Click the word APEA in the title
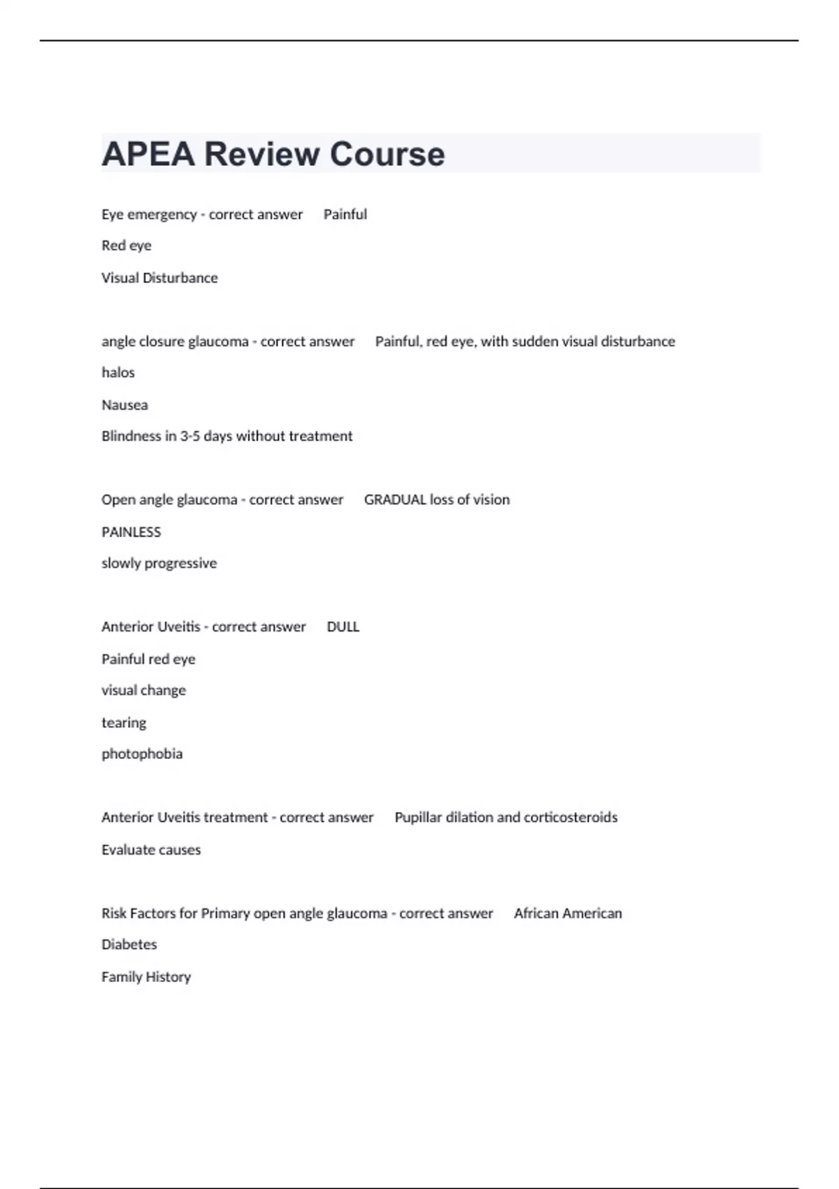click(x=148, y=154)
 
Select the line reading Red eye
click(x=127, y=245)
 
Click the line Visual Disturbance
click(x=159, y=278)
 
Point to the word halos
click(x=118, y=373)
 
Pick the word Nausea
click(x=124, y=405)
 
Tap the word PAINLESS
click(x=131, y=532)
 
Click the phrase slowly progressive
click(x=159, y=564)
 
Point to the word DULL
click(x=343, y=627)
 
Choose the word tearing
click(x=124, y=722)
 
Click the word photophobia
click(x=142, y=754)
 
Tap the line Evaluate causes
click(x=151, y=850)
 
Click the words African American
click(x=568, y=913)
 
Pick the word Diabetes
click(x=129, y=945)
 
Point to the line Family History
click(x=146, y=977)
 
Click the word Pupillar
click(x=418, y=818)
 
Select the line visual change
click(x=144, y=690)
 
